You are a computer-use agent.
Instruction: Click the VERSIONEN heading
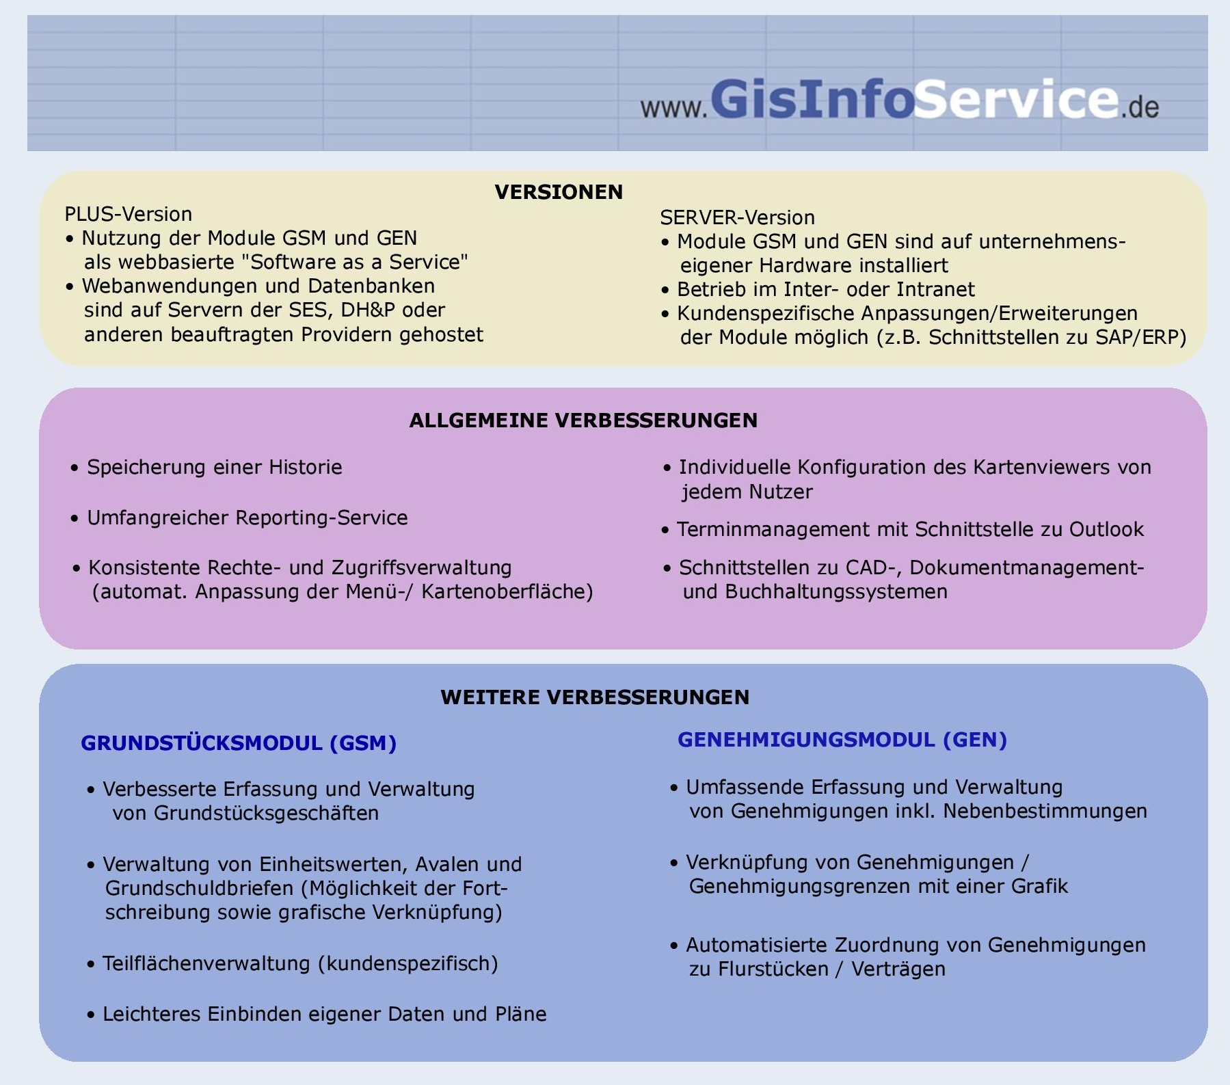(x=559, y=192)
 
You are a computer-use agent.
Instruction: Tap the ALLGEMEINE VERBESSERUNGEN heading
(x=583, y=420)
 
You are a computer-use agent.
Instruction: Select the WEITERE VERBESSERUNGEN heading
(x=595, y=697)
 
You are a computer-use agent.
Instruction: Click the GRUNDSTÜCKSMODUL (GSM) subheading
(x=239, y=743)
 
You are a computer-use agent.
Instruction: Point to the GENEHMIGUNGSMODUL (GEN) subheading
(x=842, y=740)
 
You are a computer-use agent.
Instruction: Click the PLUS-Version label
(x=128, y=214)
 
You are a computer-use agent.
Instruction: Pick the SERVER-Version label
(x=737, y=217)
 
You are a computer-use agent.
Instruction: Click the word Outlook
(x=1106, y=529)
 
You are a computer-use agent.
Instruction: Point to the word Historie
(x=305, y=467)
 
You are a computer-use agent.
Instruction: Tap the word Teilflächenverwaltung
(x=207, y=963)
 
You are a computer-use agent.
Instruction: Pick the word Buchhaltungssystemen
(x=836, y=591)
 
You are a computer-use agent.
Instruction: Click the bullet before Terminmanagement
(x=665, y=531)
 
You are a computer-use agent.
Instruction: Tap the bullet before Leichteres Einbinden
(x=91, y=1015)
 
